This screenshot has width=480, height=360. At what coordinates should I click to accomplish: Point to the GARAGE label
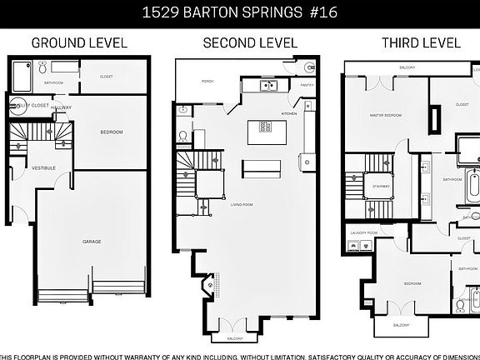(x=92, y=242)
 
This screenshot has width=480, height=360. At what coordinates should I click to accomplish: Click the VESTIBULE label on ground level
(x=43, y=168)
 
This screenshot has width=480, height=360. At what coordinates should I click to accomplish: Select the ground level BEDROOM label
(x=112, y=132)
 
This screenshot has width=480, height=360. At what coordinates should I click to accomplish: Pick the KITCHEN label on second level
(x=289, y=112)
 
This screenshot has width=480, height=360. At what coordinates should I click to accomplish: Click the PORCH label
(x=208, y=82)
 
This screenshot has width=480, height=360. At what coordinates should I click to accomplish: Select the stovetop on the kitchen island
(x=266, y=127)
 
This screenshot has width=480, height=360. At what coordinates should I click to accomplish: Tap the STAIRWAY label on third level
(x=381, y=187)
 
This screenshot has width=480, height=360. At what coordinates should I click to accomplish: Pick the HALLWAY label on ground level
(x=61, y=107)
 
